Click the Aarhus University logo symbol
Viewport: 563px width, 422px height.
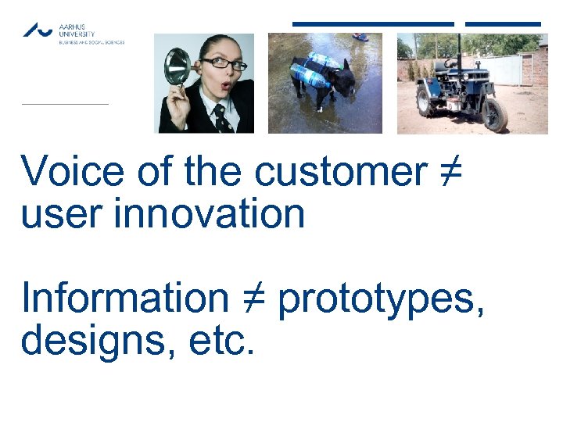38,30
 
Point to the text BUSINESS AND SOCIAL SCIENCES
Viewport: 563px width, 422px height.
91,42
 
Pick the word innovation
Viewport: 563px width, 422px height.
209,213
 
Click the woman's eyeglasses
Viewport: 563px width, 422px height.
224,64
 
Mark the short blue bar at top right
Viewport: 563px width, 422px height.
503,23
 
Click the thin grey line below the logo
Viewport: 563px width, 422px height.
64,103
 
